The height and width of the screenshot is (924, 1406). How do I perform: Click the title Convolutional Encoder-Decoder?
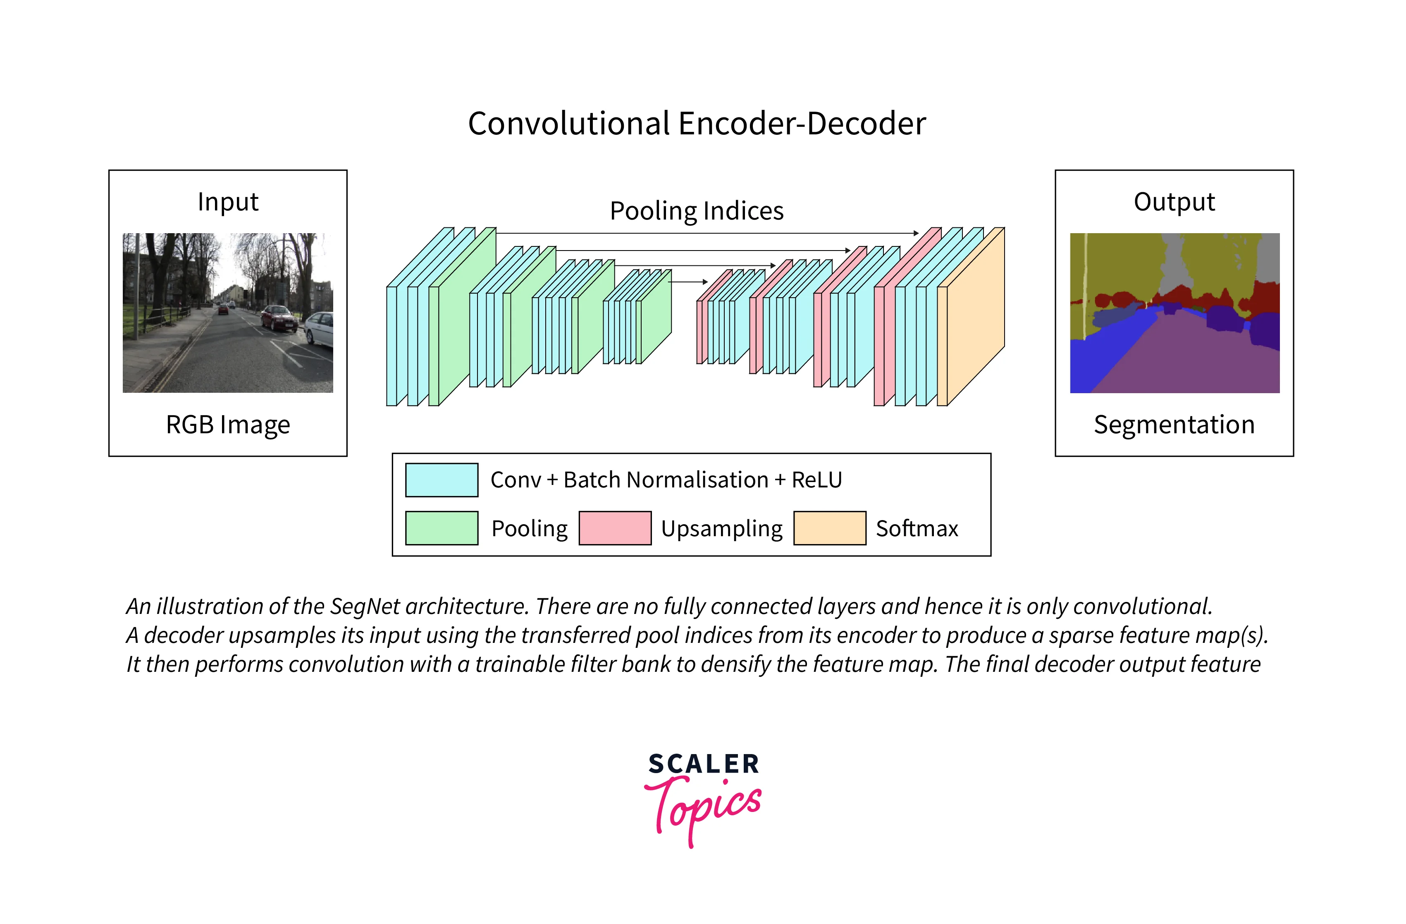click(697, 124)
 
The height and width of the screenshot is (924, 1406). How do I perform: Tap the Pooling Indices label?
click(697, 211)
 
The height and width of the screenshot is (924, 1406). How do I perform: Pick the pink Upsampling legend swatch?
click(615, 528)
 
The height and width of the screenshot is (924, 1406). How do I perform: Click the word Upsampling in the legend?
click(721, 529)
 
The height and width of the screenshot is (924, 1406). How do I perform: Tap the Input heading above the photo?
click(228, 202)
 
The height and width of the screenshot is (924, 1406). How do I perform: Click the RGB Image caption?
click(228, 425)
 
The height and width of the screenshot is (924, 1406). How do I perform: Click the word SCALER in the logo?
click(704, 764)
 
